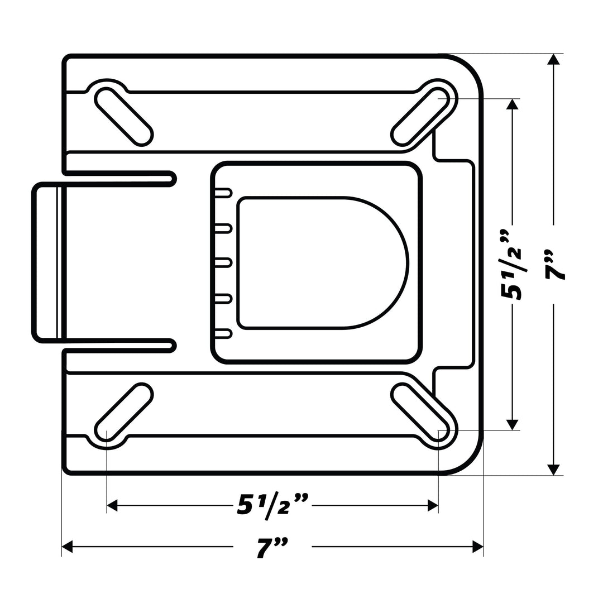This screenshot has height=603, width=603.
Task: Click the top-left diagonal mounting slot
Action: tap(124, 117)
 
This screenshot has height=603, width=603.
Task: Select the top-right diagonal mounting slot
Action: tap(420, 117)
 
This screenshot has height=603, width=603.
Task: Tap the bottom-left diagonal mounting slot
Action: tap(124, 412)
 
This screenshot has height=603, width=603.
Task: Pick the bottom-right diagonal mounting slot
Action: tap(420, 412)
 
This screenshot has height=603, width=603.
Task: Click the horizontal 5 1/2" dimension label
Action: tap(272, 505)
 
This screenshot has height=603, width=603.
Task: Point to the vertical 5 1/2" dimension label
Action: tap(513, 264)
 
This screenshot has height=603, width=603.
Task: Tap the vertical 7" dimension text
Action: tap(554, 264)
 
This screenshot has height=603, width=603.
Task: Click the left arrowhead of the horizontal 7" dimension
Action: tap(67, 547)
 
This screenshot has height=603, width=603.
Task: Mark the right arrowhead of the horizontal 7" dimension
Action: tap(478, 547)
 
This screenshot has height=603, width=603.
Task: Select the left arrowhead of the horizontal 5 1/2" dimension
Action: tap(112, 505)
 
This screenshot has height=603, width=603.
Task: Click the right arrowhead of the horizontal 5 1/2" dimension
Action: tap(433, 505)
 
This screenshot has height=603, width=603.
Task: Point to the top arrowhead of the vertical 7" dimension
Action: tap(553, 59)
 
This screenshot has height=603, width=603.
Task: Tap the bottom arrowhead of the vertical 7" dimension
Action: tap(553, 470)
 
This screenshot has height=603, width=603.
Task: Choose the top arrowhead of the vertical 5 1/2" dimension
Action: tap(512, 104)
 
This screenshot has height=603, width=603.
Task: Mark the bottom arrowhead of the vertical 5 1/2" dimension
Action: tap(512, 424)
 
